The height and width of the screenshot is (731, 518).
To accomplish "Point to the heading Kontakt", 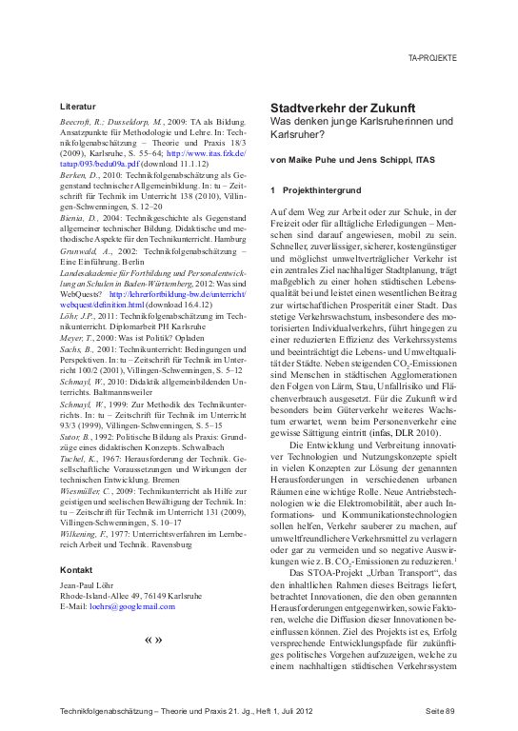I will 75,569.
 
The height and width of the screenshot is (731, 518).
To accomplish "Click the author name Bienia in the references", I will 75,217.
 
